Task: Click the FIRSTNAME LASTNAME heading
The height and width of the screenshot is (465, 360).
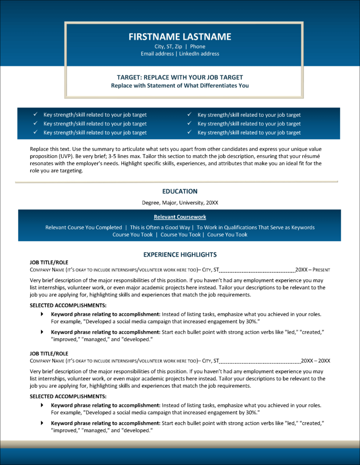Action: (180, 37)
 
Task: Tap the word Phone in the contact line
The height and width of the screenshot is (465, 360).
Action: (197, 46)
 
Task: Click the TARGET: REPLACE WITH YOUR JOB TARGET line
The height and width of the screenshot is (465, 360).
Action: (180, 77)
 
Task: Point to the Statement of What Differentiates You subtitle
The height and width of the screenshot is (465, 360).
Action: (180, 85)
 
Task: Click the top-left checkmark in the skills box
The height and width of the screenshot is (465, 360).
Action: (35, 115)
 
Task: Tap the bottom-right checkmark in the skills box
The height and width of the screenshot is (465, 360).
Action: (190, 133)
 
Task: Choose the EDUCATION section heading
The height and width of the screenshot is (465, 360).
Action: (180, 191)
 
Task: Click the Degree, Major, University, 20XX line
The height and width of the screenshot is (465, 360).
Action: (180, 203)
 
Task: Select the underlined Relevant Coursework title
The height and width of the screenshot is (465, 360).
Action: (180, 217)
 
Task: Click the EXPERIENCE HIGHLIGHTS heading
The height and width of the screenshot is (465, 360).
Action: (180, 255)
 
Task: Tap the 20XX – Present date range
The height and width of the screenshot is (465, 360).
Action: (313, 270)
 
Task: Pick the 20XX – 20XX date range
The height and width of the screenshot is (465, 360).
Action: (315, 361)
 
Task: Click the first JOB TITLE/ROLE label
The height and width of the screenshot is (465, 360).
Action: (49, 262)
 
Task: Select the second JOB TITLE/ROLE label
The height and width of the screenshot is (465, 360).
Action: (49, 353)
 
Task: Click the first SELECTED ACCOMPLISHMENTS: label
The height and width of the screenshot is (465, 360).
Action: (68, 305)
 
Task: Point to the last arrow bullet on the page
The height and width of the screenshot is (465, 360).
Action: (42, 423)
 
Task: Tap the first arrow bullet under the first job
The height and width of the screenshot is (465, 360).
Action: (42, 314)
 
